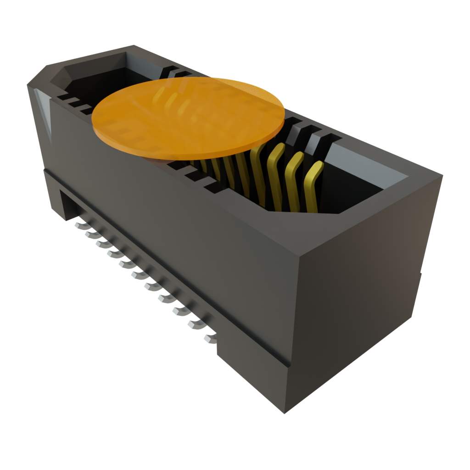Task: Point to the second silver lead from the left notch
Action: point(91,234)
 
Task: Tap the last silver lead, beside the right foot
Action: point(209,339)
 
